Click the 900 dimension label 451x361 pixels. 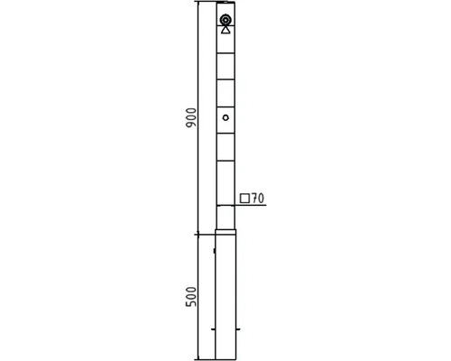pos(191,117)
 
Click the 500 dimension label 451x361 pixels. pos(191,297)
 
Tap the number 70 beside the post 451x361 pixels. pos(258,199)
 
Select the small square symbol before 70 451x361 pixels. pos(244,199)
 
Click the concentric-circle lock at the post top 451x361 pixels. pos(225,20)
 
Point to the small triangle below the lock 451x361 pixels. pos(225,30)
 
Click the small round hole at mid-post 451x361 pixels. pos(225,117)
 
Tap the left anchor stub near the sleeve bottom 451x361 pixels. pos(213,329)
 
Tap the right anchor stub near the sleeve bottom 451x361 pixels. pos(238,329)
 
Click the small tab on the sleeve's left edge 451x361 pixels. pos(214,250)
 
